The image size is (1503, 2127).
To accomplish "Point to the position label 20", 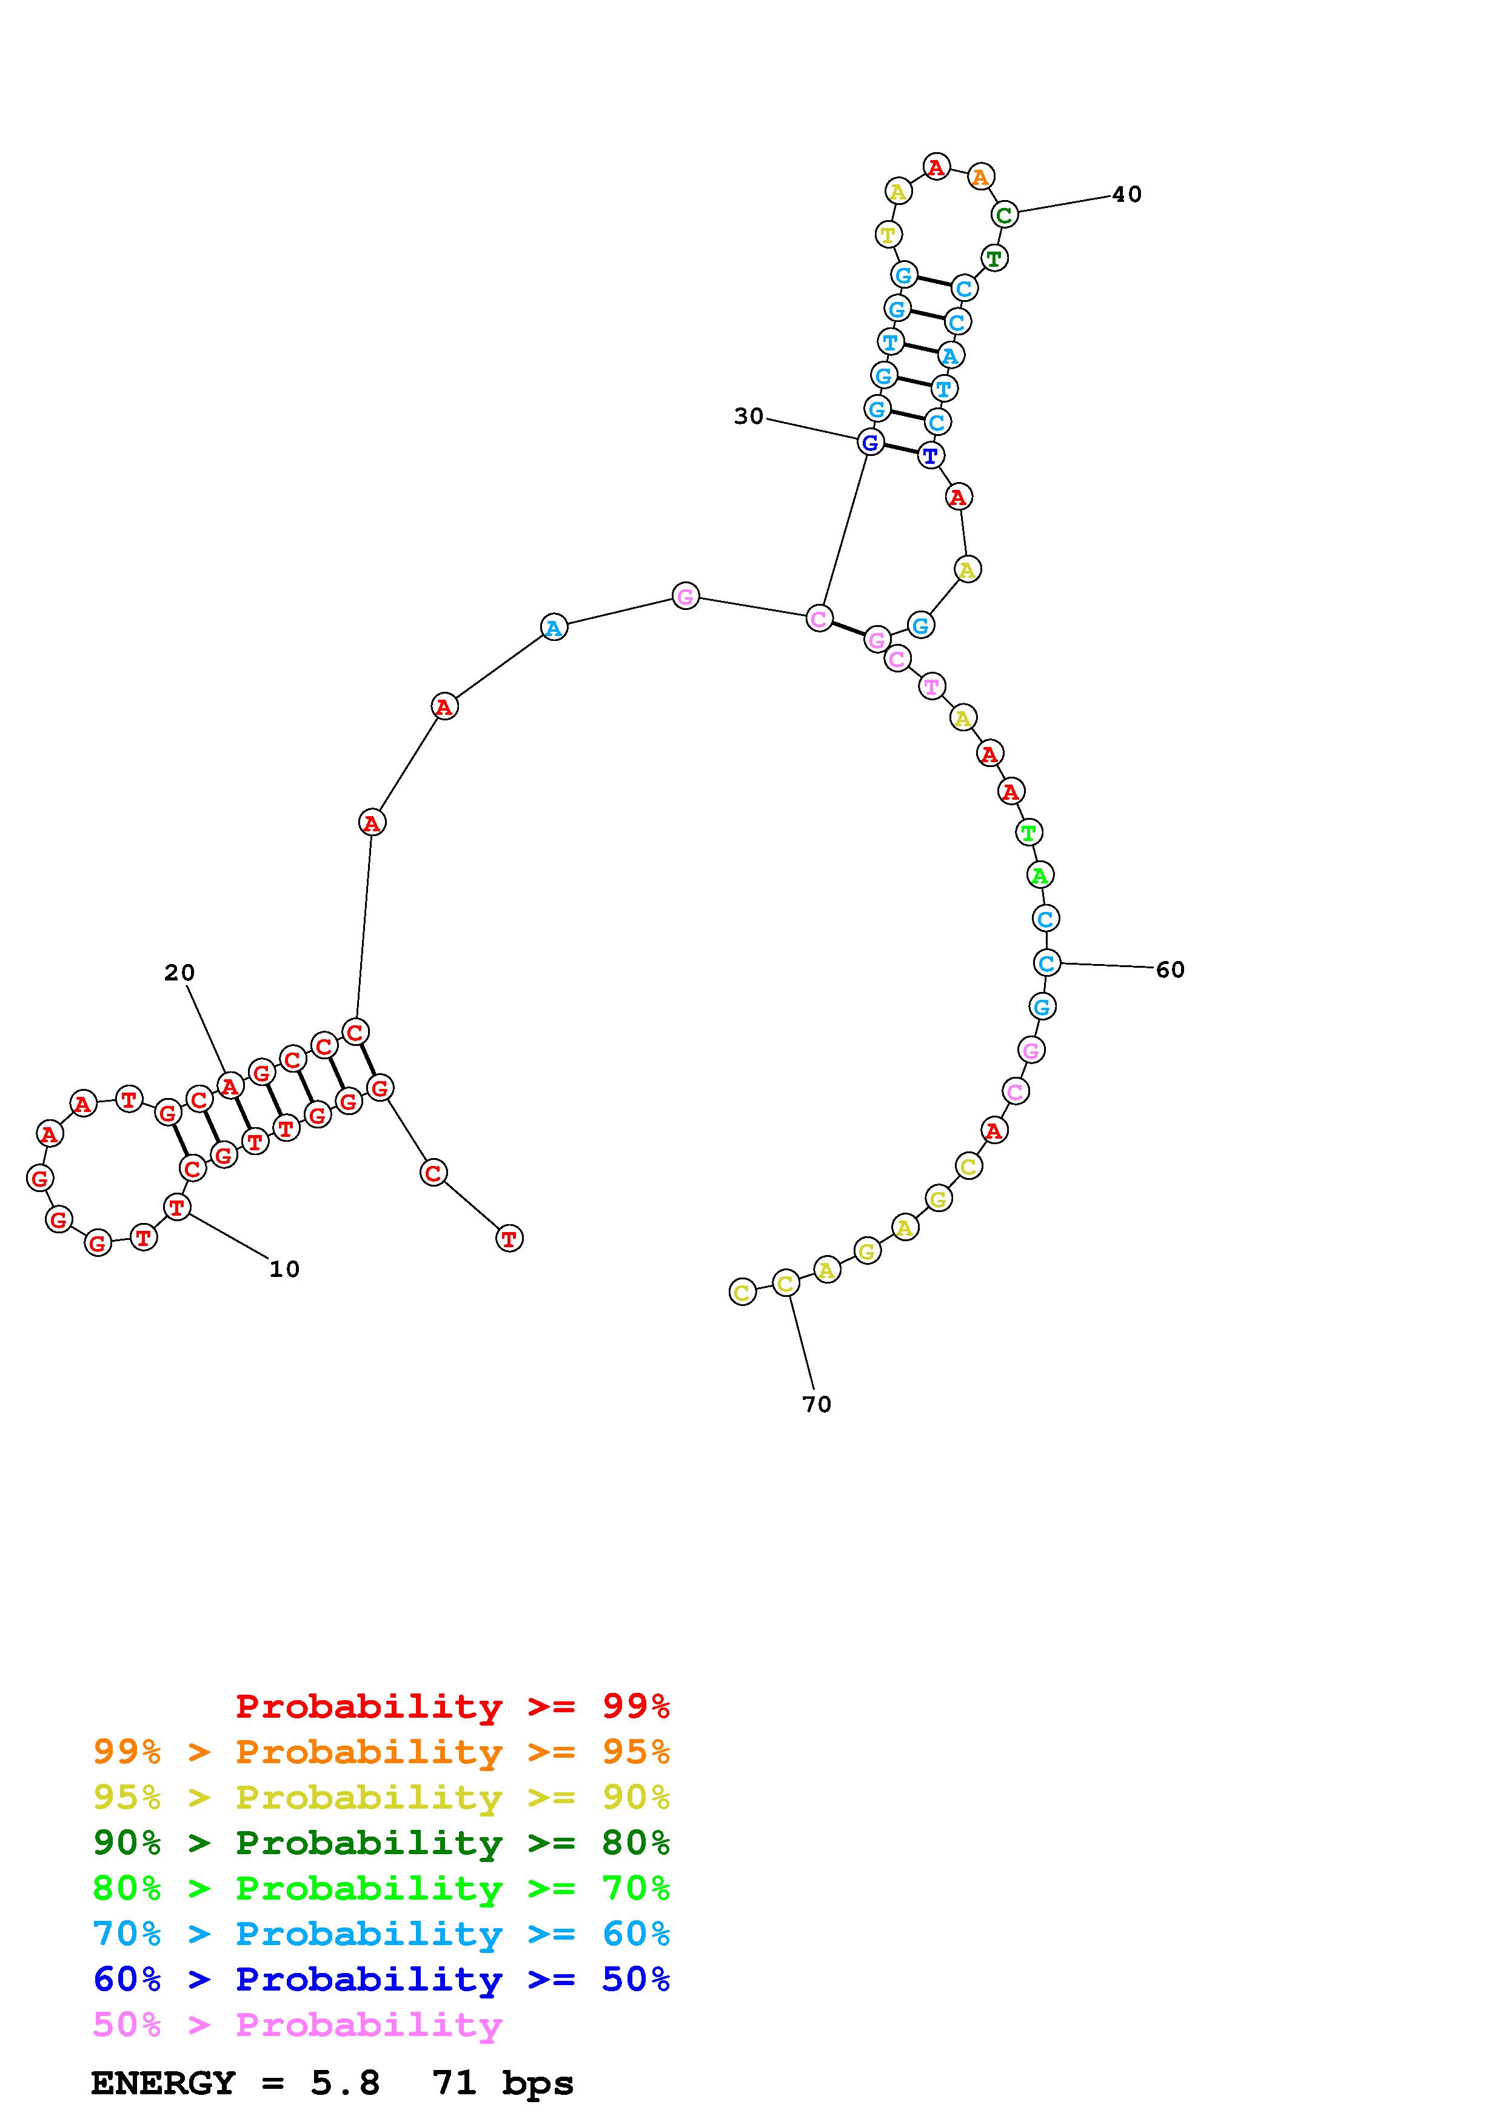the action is tap(179, 973).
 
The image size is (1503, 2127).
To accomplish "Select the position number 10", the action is tap(284, 1269).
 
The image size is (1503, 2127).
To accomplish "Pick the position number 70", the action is tap(817, 1404).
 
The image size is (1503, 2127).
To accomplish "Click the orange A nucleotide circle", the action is tap(981, 176).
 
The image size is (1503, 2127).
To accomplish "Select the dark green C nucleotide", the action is tap(1004, 215).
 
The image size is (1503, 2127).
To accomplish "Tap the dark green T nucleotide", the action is tap(994, 258).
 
